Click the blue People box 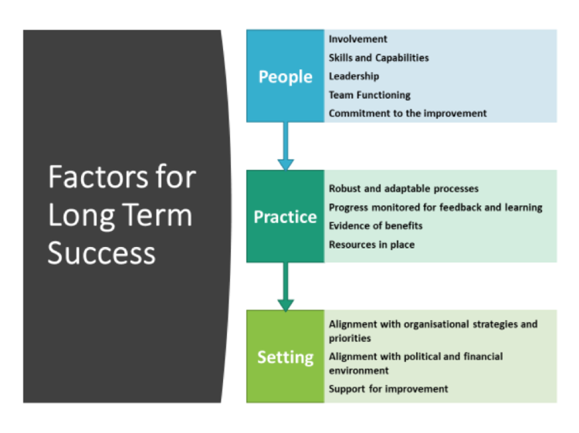(285, 76)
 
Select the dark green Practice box (285, 217)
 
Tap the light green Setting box (285, 357)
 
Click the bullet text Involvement (357, 39)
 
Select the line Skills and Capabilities (378, 57)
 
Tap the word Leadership (354, 76)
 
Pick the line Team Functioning (369, 95)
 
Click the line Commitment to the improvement (408, 113)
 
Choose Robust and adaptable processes (403, 188)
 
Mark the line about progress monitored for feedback (435, 207)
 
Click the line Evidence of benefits (375, 225)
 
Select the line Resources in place (371, 244)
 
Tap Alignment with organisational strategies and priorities (432, 331)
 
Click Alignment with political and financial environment (415, 363)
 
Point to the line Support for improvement (388, 388)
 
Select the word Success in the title (101, 252)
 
